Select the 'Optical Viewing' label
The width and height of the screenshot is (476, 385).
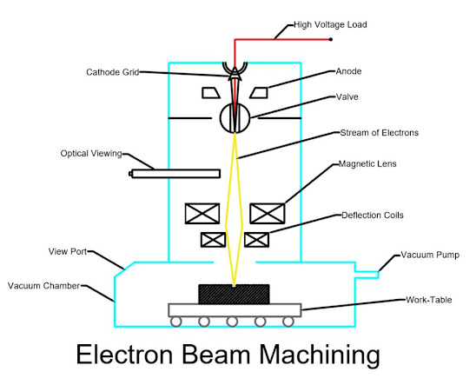(91, 154)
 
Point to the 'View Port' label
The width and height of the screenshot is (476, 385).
(66, 251)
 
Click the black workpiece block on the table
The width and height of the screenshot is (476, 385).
(234, 294)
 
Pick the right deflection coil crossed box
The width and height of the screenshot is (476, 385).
(255, 239)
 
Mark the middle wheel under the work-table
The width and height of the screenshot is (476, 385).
(233, 322)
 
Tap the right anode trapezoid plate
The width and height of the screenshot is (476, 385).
(258, 92)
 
